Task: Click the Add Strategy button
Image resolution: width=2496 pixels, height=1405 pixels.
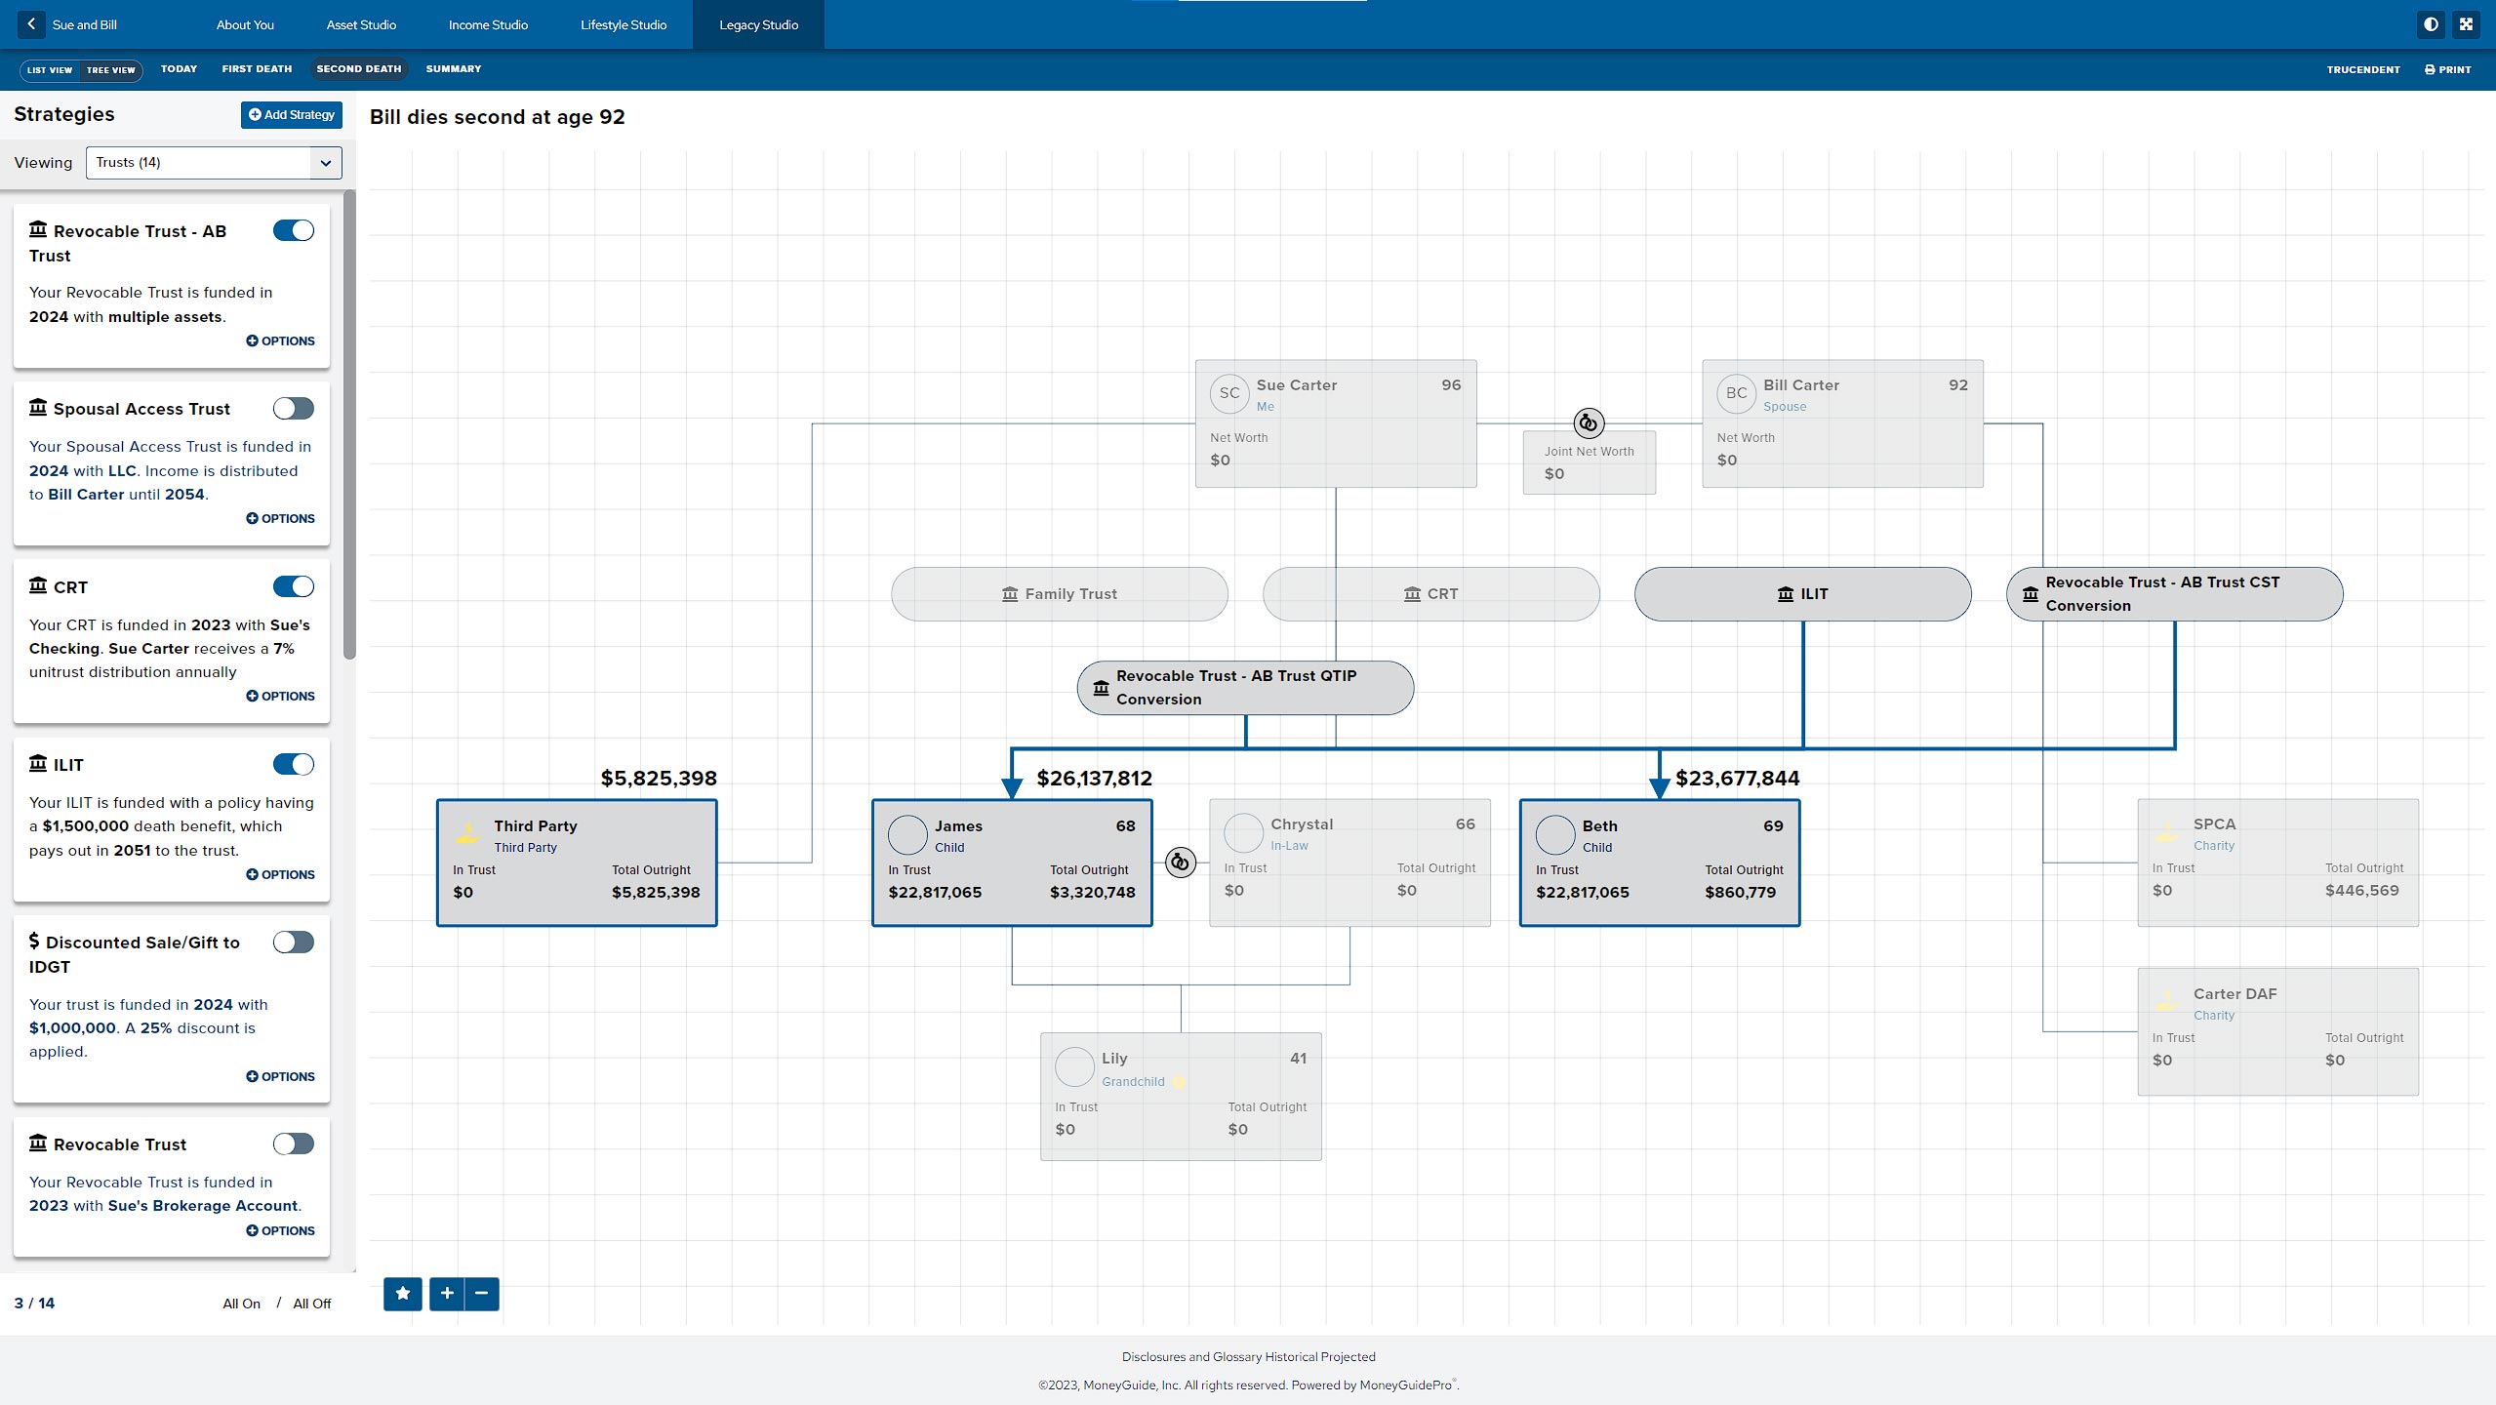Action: click(291, 115)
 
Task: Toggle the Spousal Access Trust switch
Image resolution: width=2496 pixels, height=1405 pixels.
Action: click(294, 409)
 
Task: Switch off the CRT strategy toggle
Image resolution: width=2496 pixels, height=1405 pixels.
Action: click(294, 586)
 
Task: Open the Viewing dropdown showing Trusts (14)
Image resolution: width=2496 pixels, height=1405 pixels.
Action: click(214, 163)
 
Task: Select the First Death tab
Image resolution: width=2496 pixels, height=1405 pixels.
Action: click(257, 69)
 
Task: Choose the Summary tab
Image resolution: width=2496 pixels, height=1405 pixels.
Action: click(454, 69)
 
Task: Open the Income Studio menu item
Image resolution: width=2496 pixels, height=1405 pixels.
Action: click(488, 25)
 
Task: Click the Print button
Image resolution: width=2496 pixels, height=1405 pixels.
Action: click(2447, 70)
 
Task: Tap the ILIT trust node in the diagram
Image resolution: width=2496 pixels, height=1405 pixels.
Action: click(1802, 594)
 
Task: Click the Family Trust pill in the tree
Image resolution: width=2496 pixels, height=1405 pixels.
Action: click(1059, 594)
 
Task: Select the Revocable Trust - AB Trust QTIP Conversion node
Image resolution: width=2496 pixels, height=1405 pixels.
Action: click(1245, 688)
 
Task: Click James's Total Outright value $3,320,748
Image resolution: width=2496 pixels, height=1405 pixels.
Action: click(1092, 893)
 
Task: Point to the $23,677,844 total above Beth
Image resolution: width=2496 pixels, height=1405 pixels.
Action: click(1737, 779)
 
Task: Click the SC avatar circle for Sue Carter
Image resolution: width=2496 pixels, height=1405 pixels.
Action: click(1229, 393)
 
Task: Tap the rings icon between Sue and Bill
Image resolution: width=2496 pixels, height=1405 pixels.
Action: click(1589, 423)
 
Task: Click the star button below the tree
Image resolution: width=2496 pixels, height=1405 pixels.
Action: click(403, 1294)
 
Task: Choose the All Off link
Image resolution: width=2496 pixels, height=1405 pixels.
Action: click(312, 1304)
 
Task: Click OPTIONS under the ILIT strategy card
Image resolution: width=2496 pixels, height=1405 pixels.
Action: click(281, 875)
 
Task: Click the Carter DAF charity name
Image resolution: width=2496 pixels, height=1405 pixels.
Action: click(2234, 994)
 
